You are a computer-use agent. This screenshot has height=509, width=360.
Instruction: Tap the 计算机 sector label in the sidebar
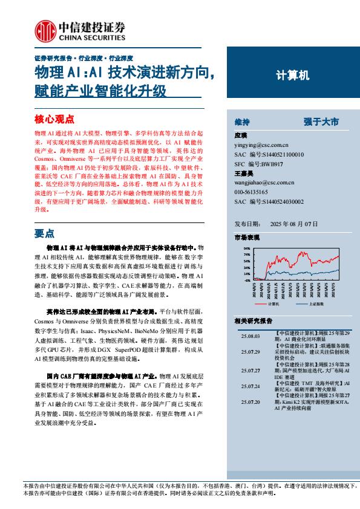[x=292, y=76]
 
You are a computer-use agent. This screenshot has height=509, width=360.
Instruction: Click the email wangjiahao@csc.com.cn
[x=264, y=182]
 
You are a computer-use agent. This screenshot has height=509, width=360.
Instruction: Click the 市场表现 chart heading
[x=246, y=238]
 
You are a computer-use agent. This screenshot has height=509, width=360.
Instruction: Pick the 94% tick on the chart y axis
[x=247, y=248]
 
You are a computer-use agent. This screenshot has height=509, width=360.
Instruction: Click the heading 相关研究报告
[x=253, y=321]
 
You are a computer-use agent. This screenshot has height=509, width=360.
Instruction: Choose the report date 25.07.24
[x=250, y=386]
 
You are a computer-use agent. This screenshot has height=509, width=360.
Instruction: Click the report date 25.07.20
[x=250, y=402]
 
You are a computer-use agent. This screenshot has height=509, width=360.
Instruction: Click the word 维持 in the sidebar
[x=241, y=122]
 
